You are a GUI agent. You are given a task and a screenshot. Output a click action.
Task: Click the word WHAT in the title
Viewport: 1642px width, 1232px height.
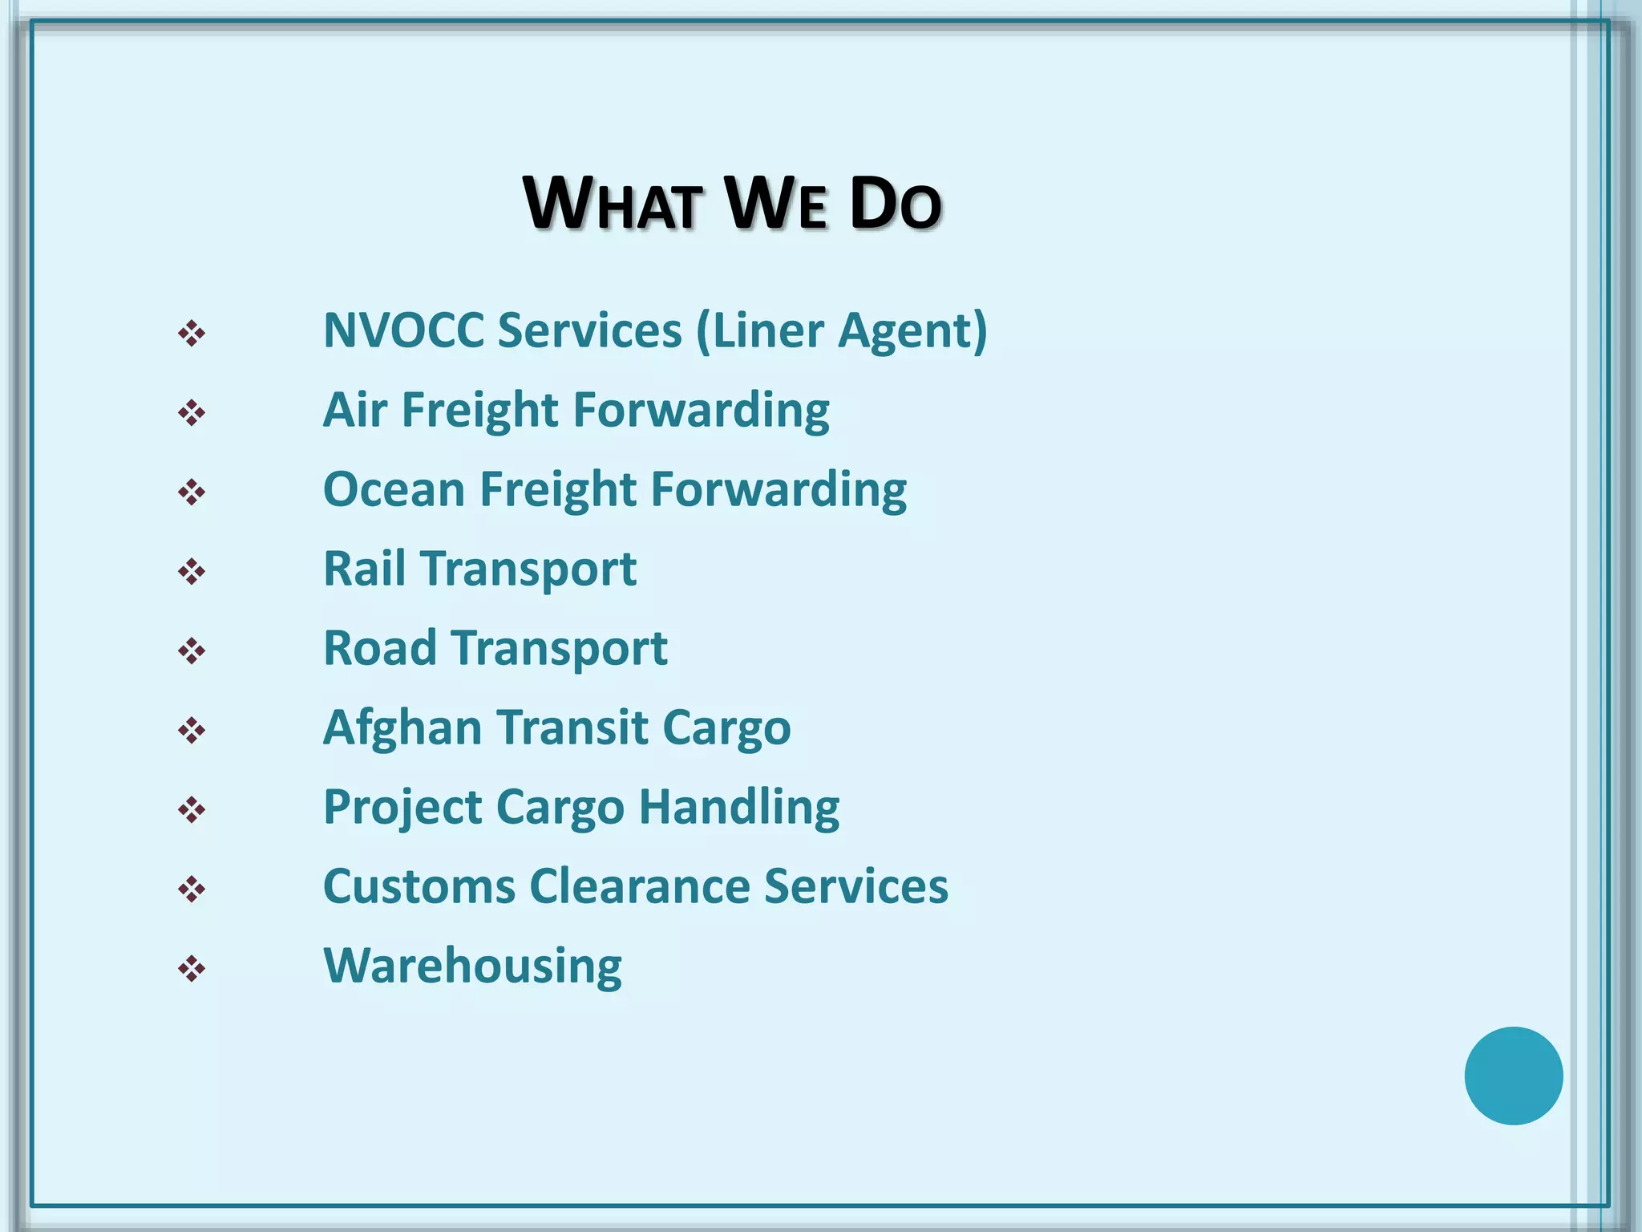(x=613, y=204)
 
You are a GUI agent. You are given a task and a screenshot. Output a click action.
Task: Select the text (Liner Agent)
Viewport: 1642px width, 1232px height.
(x=842, y=330)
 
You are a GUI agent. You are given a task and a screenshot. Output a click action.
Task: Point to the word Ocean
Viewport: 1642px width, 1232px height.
(x=394, y=489)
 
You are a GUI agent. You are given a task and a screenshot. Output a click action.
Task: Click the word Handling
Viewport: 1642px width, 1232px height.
(x=739, y=807)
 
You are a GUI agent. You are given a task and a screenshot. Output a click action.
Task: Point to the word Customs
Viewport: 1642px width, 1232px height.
(x=419, y=886)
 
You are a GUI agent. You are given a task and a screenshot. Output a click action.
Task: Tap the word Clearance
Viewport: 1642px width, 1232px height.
(x=640, y=886)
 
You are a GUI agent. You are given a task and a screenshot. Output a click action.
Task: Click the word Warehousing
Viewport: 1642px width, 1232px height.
(x=472, y=967)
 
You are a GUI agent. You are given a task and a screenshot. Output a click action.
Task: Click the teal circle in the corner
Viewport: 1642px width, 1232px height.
(x=1513, y=1076)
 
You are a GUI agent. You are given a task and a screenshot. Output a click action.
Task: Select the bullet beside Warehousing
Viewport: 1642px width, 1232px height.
(x=192, y=969)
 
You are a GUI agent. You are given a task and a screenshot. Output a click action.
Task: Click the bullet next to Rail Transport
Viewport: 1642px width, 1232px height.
(x=192, y=572)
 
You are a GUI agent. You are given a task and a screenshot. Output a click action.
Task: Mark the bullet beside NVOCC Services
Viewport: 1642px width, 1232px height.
(x=192, y=334)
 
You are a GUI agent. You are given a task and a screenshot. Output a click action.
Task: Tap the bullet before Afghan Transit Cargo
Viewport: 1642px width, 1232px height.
(x=192, y=731)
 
